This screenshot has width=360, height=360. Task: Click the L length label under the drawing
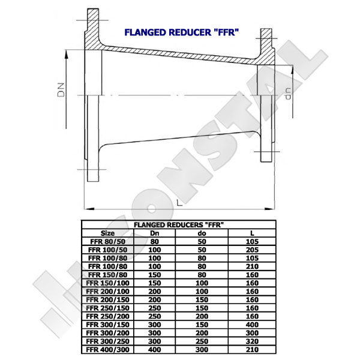tap(178, 202)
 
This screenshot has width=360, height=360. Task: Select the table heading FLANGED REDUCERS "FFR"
tap(179, 224)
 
